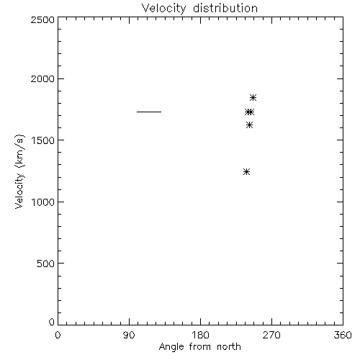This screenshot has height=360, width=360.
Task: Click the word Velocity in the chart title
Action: (x=163, y=9)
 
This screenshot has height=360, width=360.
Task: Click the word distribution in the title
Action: (x=225, y=8)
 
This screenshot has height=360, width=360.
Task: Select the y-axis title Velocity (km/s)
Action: (x=19, y=171)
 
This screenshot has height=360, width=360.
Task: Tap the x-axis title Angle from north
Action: (x=199, y=346)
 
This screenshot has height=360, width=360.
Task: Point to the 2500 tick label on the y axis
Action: (x=42, y=19)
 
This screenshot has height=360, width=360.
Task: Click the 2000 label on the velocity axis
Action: (x=42, y=78)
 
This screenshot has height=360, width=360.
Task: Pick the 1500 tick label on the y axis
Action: (x=43, y=140)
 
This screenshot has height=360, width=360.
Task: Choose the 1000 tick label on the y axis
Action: (x=43, y=202)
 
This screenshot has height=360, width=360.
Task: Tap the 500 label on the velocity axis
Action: (x=46, y=264)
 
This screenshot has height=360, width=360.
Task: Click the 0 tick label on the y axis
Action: (x=52, y=322)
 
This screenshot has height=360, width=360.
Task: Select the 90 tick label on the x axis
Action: (x=129, y=335)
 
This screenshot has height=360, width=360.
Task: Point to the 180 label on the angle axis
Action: (x=200, y=335)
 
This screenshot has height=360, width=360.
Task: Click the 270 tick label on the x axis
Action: (x=271, y=335)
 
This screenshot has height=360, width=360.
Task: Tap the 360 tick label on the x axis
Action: (x=343, y=335)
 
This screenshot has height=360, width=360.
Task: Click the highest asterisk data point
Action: (x=253, y=98)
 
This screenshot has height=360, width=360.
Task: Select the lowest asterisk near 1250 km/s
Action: (x=246, y=172)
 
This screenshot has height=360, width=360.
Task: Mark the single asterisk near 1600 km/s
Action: (x=249, y=125)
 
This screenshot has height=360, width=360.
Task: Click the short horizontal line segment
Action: (x=149, y=112)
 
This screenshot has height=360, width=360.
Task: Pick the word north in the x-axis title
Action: (x=229, y=346)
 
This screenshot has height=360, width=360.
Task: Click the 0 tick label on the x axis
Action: (x=58, y=335)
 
